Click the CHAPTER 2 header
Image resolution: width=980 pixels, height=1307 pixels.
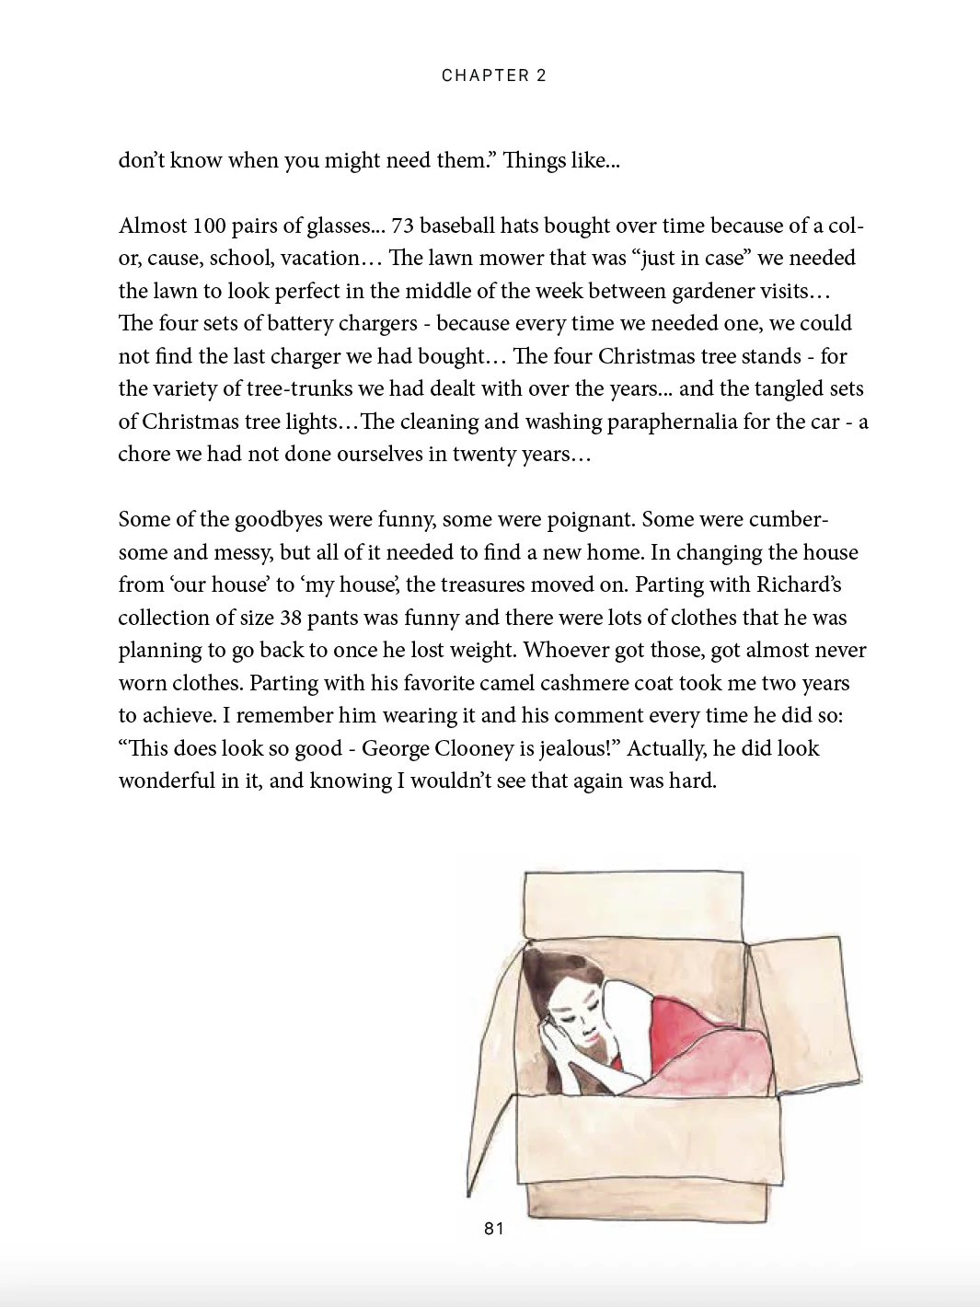click(494, 75)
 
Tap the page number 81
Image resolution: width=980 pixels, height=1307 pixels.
click(494, 1228)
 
